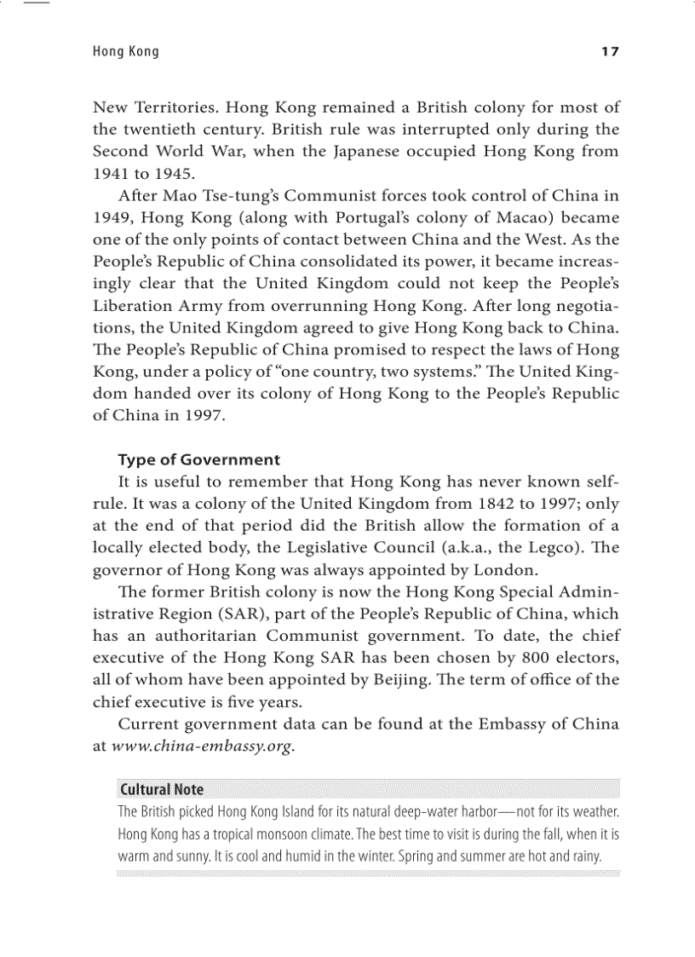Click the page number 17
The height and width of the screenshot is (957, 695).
(x=610, y=52)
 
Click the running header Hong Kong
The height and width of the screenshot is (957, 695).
(x=125, y=52)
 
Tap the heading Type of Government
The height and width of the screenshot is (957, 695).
(x=198, y=460)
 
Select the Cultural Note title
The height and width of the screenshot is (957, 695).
(x=162, y=789)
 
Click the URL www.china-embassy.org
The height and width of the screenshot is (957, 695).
(x=203, y=747)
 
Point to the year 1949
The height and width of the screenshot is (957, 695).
(x=111, y=218)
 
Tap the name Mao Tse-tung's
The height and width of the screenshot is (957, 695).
(x=205, y=196)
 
